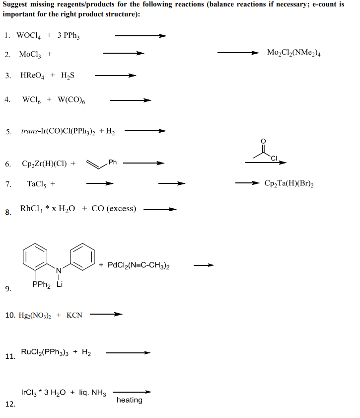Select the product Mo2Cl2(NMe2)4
[293, 53]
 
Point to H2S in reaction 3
[68, 76]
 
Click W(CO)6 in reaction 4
[72, 99]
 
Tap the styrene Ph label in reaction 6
[112, 162]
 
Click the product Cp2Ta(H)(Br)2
[288, 183]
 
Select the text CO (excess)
[114, 209]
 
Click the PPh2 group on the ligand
[40, 285]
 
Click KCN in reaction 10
[74, 315]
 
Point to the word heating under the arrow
[129, 400]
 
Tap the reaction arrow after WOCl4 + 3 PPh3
[141, 35]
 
